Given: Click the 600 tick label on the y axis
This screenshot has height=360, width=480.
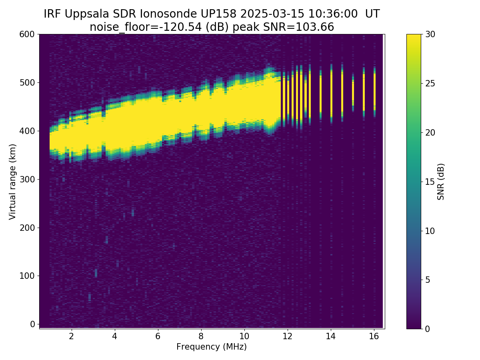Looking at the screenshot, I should point(27,34).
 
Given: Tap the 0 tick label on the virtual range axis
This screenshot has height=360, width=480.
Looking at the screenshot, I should point(32,324).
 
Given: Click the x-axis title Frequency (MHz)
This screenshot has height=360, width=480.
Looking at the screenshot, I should point(212,347).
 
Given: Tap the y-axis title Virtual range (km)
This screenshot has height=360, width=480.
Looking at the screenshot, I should point(13,181).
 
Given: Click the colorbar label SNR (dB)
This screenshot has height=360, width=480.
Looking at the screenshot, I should point(441,181).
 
